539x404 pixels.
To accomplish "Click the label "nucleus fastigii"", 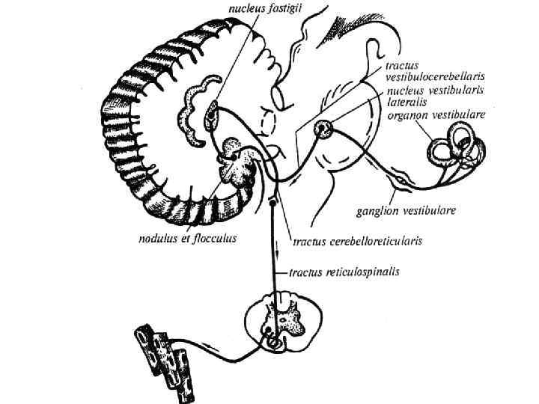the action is pyautogui.click(x=261, y=10).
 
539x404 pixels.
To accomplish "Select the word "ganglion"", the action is pyautogui.click(x=377, y=211).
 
